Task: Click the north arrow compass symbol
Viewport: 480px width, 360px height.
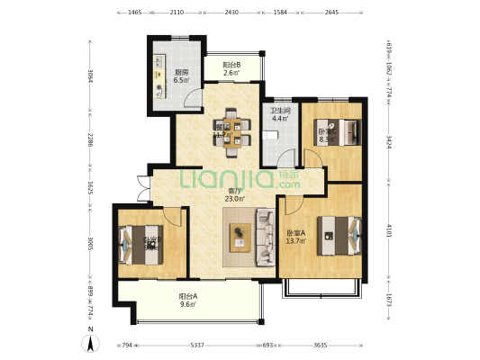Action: (91, 343)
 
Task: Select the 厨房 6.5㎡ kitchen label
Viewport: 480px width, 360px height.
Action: (180, 76)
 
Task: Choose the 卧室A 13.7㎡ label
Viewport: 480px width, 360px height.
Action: (296, 236)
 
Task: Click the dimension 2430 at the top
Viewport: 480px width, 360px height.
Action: (231, 13)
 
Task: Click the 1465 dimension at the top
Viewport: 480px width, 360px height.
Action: (135, 13)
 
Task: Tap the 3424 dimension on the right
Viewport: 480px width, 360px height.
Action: (388, 142)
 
